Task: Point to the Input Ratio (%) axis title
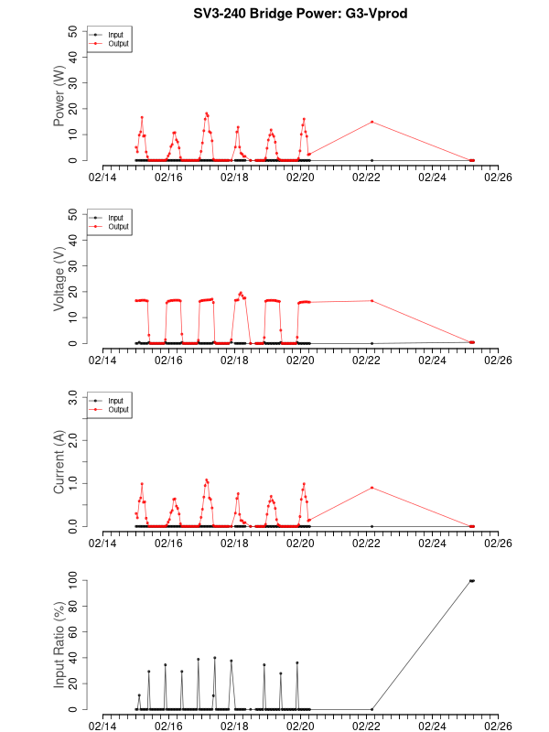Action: click(x=59, y=644)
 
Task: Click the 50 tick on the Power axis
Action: click(x=74, y=31)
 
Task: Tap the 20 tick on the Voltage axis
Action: click(x=74, y=292)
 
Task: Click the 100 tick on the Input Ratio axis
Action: click(x=70, y=580)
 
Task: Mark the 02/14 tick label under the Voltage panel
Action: click(x=102, y=361)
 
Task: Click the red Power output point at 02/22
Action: click(x=371, y=122)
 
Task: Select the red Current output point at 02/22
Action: click(x=371, y=488)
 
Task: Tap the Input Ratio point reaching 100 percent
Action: click(x=471, y=580)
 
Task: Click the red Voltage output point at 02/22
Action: click(x=371, y=300)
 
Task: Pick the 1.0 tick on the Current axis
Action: click(x=70, y=483)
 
